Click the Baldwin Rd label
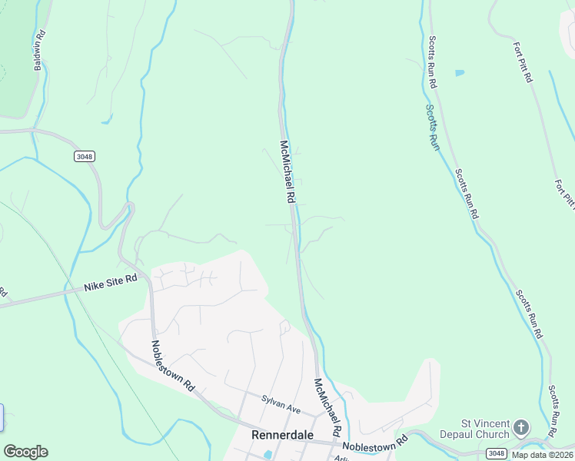pyautogui.click(x=38, y=51)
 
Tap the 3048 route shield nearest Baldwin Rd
pyautogui.click(x=84, y=156)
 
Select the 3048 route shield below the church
pyautogui.click(x=497, y=454)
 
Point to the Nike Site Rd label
pyautogui.click(x=110, y=284)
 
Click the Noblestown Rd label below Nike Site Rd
pyautogui.click(x=173, y=366)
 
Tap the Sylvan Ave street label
pyautogui.click(x=281, y=401)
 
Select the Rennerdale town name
pyautogui.click(x=282, y=435)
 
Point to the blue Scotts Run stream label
pyautogui.click(x=432, y=124)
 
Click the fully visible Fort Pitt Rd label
pyautogui.click(x=522, y=61)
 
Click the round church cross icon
pyautogui.click(x=521, y=426)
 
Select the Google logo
pyautogui.click(x=25, y=452)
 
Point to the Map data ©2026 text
pyautogui.click(x=542, y=455)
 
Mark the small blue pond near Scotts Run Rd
pyautogui.click(x=460, y=73)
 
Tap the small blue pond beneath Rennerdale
pyautogui.click(x=268, y=454)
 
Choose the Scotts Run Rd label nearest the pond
pyautogui.click(x=434, y=61)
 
